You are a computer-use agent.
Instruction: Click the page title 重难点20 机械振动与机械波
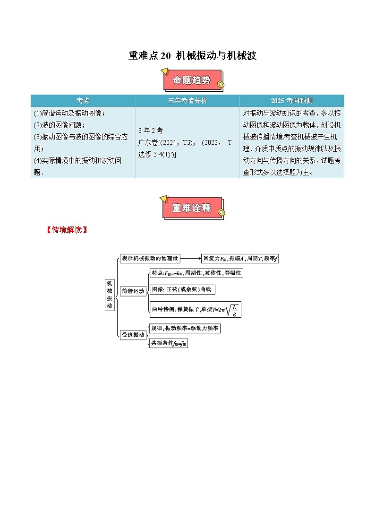tap(192, 56)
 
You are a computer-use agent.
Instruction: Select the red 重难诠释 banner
tap(192, 208)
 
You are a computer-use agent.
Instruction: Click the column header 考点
tap(83, 101)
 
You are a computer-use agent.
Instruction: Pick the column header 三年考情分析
tap(187, 101)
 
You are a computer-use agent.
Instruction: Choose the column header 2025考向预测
tap(291, 101)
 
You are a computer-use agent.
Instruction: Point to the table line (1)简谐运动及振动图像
tap(69, 113)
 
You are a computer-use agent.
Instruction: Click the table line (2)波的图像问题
tap(60, 125)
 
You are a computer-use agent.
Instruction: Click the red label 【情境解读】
tap(67, 230)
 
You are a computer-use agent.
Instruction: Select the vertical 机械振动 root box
tap(110, 295)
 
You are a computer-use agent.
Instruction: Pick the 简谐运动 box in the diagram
tap(133, 291)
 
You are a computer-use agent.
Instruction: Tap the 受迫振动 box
tap(133, 335)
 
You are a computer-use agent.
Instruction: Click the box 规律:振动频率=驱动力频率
tap(184, 328)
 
